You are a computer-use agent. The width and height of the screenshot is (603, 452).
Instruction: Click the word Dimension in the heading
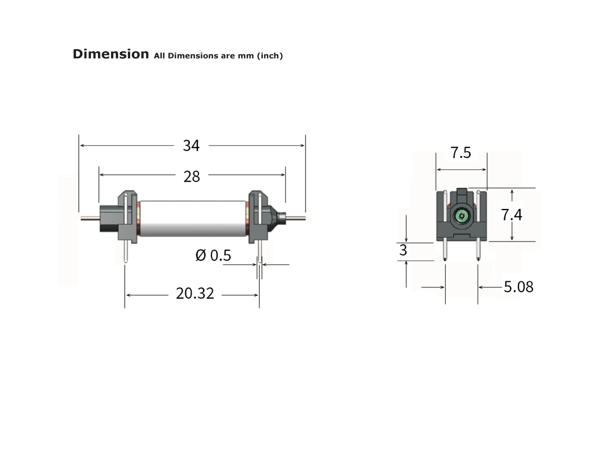coord(111,54)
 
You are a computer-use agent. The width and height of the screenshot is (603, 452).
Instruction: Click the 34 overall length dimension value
coord(191,146)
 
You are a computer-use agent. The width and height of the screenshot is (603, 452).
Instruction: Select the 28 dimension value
coord(191,176)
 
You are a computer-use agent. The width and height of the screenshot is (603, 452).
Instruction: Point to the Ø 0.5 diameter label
coord(213,256)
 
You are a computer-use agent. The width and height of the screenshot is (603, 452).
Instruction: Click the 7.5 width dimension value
coord(461,153)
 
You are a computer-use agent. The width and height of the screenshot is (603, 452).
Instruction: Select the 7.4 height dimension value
coord(512,215)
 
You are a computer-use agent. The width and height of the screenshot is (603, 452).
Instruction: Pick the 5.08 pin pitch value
coord(518,287)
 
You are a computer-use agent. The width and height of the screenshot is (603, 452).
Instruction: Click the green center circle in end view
coord(461,216)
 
